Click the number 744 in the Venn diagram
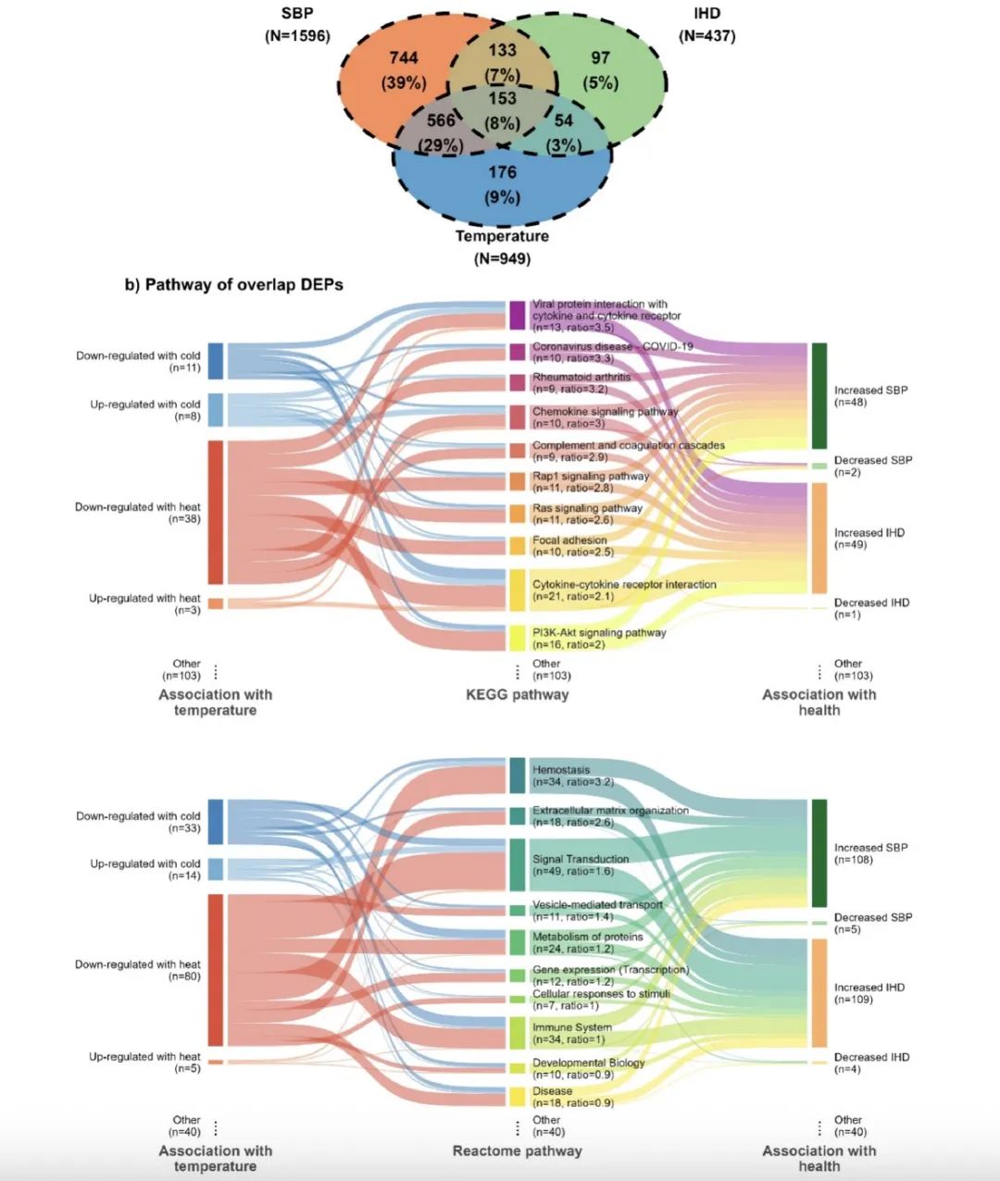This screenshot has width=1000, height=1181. (403, 57)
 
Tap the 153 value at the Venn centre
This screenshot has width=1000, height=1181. (502, 99)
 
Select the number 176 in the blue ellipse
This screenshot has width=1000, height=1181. (502, 172)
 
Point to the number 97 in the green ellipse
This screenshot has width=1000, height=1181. (600, 57)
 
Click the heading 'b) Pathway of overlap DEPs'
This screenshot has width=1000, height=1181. (234, 284)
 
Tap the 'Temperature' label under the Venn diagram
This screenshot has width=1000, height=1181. (502, 236)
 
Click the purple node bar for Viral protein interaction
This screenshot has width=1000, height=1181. (518, 315)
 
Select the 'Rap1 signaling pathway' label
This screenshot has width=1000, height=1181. (590, 476)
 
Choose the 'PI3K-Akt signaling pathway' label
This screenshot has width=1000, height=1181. (599, 632)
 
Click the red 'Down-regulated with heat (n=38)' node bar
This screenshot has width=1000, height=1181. (215, 512)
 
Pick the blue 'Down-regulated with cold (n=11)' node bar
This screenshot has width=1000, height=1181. (215, 361)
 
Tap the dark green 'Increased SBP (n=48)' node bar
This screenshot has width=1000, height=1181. (819, 395)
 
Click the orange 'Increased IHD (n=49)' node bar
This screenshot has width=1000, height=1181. (819, 538)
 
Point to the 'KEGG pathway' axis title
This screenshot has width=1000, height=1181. (517, 694)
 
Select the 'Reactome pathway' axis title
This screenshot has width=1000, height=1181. (517, 1150)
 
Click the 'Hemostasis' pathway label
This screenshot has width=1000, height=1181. (561, 770)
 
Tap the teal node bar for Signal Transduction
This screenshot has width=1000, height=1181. (518, 864)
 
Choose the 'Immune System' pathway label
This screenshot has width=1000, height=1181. (571, 1027)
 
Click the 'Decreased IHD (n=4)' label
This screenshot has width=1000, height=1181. (871, 1057)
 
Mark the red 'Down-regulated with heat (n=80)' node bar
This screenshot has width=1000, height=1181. (215, 969)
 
